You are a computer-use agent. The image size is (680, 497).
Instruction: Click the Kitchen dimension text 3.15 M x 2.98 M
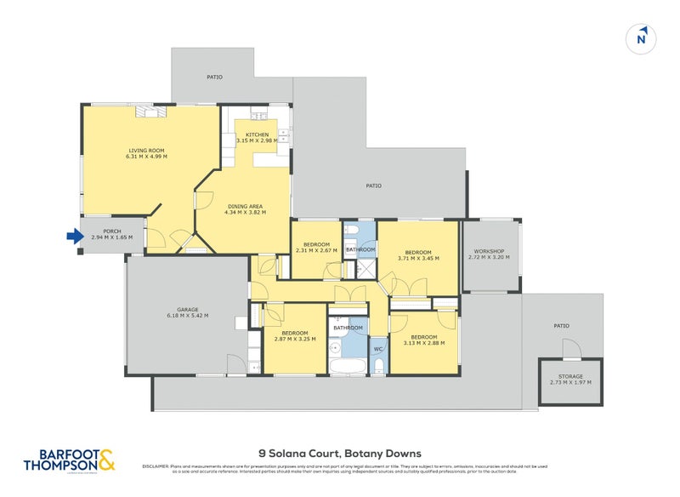[x=258, y=141]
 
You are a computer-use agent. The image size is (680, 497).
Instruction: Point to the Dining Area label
[x=245, y=207]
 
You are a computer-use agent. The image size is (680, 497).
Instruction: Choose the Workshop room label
[x=490, y=251]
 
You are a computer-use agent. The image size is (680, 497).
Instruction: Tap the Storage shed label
[x=570, y=375]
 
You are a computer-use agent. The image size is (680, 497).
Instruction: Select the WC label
[x=378, y=349]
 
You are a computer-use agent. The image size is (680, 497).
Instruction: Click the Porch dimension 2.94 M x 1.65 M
[x=112, y=237]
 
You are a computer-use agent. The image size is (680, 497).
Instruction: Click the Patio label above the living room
[x=214, y=77]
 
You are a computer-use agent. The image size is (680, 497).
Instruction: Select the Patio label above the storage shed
[x=561, y=325]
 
